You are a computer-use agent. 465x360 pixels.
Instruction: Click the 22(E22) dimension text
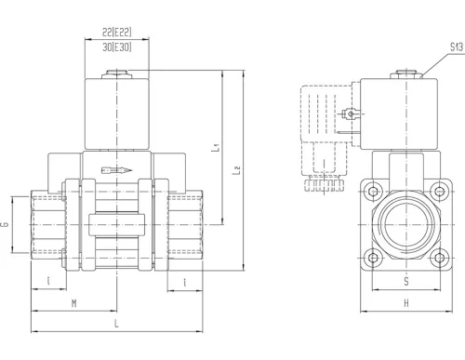(x=117, y=32)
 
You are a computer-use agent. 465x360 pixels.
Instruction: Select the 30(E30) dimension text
(x=117, y=47)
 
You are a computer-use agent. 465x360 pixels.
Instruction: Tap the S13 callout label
(x=457, y=47)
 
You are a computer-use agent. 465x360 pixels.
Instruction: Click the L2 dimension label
(x=236, y=170)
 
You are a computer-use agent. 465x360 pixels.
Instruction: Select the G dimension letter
(x=6, y=224)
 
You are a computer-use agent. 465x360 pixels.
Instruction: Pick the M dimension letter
(x=74, y=303)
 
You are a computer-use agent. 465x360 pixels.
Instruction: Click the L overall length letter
(x=116, y=324)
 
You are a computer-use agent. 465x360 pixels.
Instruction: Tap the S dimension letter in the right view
(x=406, y=282)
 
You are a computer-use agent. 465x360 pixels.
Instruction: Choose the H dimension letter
(x=406, y=303)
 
